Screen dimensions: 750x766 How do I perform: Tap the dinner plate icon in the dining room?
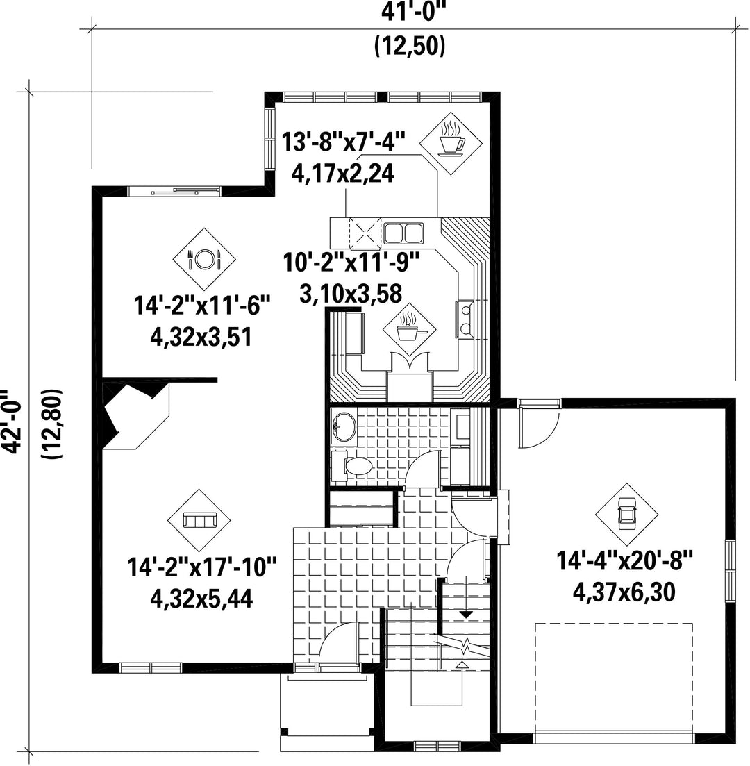click(204, 259)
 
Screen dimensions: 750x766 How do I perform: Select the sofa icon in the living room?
click(199, 520)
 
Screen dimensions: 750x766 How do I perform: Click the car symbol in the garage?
click(626, 514)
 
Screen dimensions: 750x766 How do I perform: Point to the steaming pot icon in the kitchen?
click(408, 331)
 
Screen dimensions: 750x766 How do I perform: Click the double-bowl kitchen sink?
click(403, 233)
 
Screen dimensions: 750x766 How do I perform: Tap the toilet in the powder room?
click(352, 466)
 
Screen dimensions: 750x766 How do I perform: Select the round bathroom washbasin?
click(344, 427)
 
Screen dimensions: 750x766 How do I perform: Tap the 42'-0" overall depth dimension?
click(12, 422)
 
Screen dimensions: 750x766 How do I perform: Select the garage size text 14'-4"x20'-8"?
click(626, 561)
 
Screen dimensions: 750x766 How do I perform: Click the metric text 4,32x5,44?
click(201, 599)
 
